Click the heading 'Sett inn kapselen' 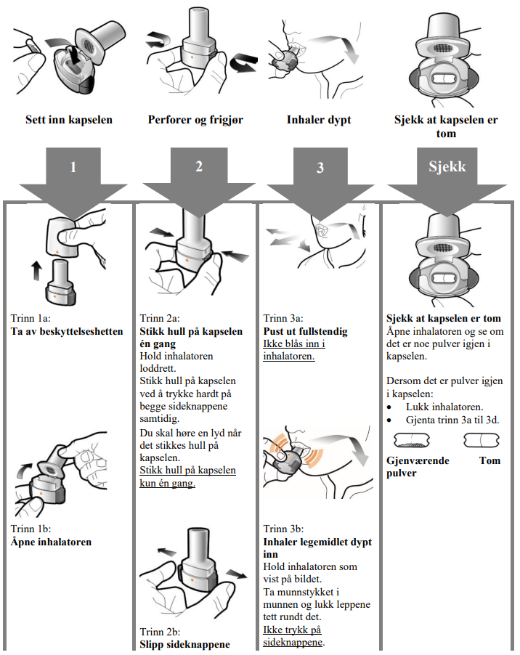click(69, 120)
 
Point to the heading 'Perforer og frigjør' click(195, 120)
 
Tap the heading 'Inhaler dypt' click(319, 120)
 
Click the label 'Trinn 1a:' click(31, 318)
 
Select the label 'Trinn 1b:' click(31, 529)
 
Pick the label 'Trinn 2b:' click(160, 632)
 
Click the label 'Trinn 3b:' click(283, 529)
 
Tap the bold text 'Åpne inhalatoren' click(51, 542)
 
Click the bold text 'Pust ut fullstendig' click(305, 331)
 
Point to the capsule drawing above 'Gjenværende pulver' click(412, 440)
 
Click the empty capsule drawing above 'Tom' click(482, 440)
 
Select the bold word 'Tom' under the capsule click(490, 460)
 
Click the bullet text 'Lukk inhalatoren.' click(444, 407)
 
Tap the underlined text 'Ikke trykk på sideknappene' click(293, 636)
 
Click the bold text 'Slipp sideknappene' click(184, 644)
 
